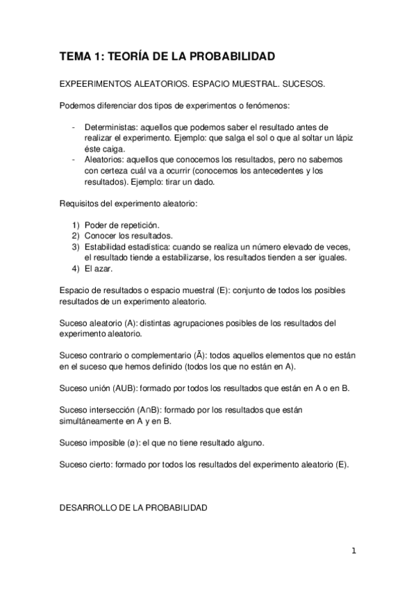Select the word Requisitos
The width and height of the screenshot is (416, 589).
81,204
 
